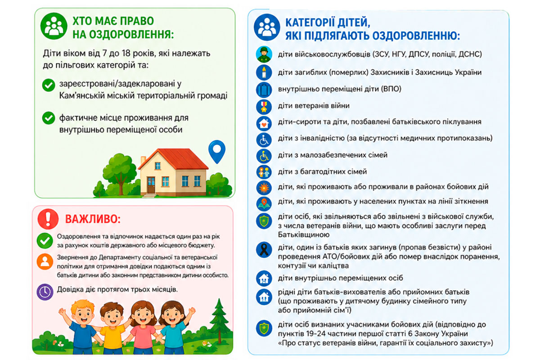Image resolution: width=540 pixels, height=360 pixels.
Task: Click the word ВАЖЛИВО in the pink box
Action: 93,219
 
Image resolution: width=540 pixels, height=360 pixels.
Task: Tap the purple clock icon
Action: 45,291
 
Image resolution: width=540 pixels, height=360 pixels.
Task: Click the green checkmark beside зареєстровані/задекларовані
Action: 47,85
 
